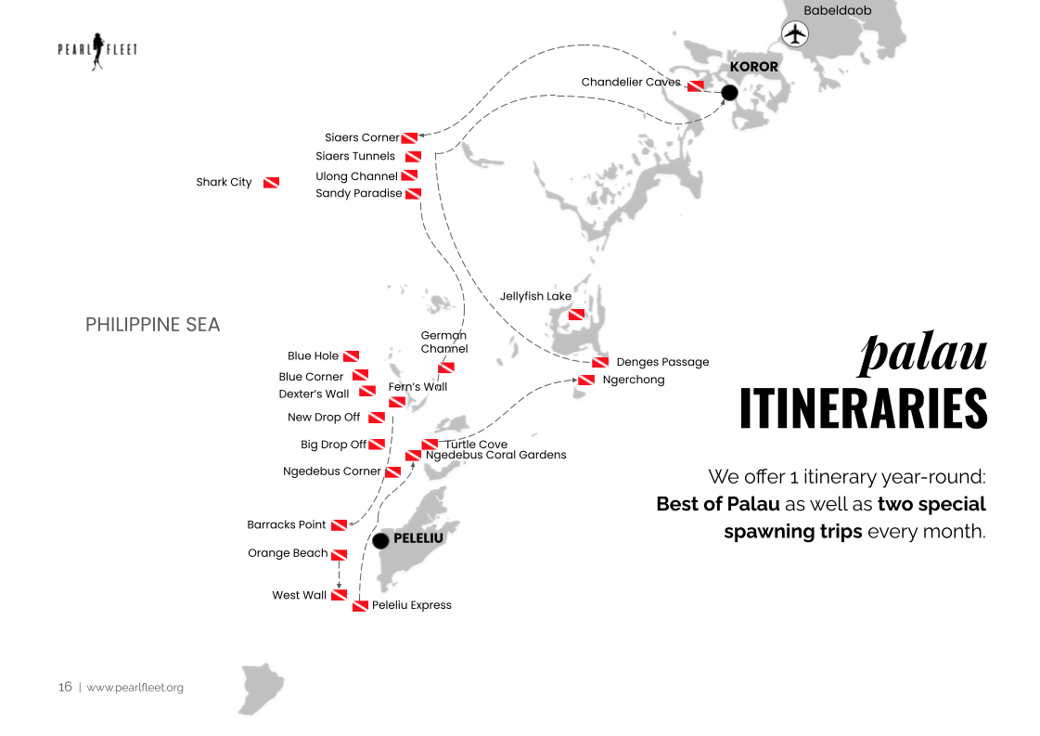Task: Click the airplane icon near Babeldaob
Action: tap(795, 34)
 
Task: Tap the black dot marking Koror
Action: tap(729, 92)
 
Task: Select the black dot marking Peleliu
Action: tap(380, 540)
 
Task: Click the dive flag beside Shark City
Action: tap(271, 183)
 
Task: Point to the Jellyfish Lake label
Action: tap(535, 296)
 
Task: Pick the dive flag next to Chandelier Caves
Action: tap(695, 85)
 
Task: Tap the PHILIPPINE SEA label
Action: tap(153, 325)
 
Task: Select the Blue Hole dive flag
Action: tap(351, 356)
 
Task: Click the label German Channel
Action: tap(444, 342)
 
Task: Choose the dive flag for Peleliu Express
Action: tap(360, 606)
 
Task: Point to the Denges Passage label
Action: tap(662, 362)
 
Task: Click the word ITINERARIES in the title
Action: tap(863, 408)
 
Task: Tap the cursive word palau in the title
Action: tap(923, 354)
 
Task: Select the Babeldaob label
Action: tap(838, 10)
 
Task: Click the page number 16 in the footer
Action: tap(65, 688)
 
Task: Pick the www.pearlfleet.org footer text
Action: tap(135, 688)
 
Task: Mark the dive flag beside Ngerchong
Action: tap(586, 380)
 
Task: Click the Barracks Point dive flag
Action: tap(339, 525)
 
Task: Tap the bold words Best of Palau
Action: tap(717, 505)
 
